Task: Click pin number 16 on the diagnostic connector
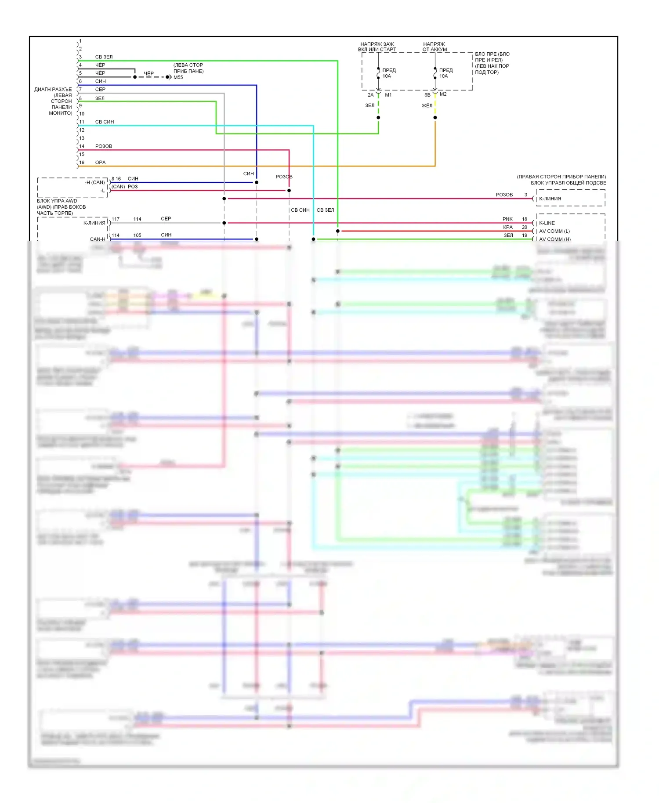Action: [x=82, y=163]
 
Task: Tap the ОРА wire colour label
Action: [x=100, y=163]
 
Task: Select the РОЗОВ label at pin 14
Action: [x=104, y=146]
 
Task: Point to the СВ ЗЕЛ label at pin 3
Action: [x=104, y=57]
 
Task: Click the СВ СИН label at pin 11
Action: [x=105, y=122]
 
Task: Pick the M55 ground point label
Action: [x=178, y=78]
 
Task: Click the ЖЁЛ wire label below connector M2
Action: [x=427, y=106]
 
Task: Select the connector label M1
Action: [x=388, y=95]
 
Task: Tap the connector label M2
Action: [x=443, y=94]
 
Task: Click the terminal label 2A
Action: [x=370, y=95]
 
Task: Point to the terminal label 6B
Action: [x=427, y=95]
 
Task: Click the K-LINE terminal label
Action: [x=547, y=223]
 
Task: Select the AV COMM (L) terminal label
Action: [x=554, y=231]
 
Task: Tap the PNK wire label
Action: [x=507, y=219]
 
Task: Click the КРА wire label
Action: [x=508, y=228]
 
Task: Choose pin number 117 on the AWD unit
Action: [x=116, y=219]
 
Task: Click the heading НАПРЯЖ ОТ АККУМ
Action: [x=434, y=47]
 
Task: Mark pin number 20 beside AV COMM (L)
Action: [x=524, y=228]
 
